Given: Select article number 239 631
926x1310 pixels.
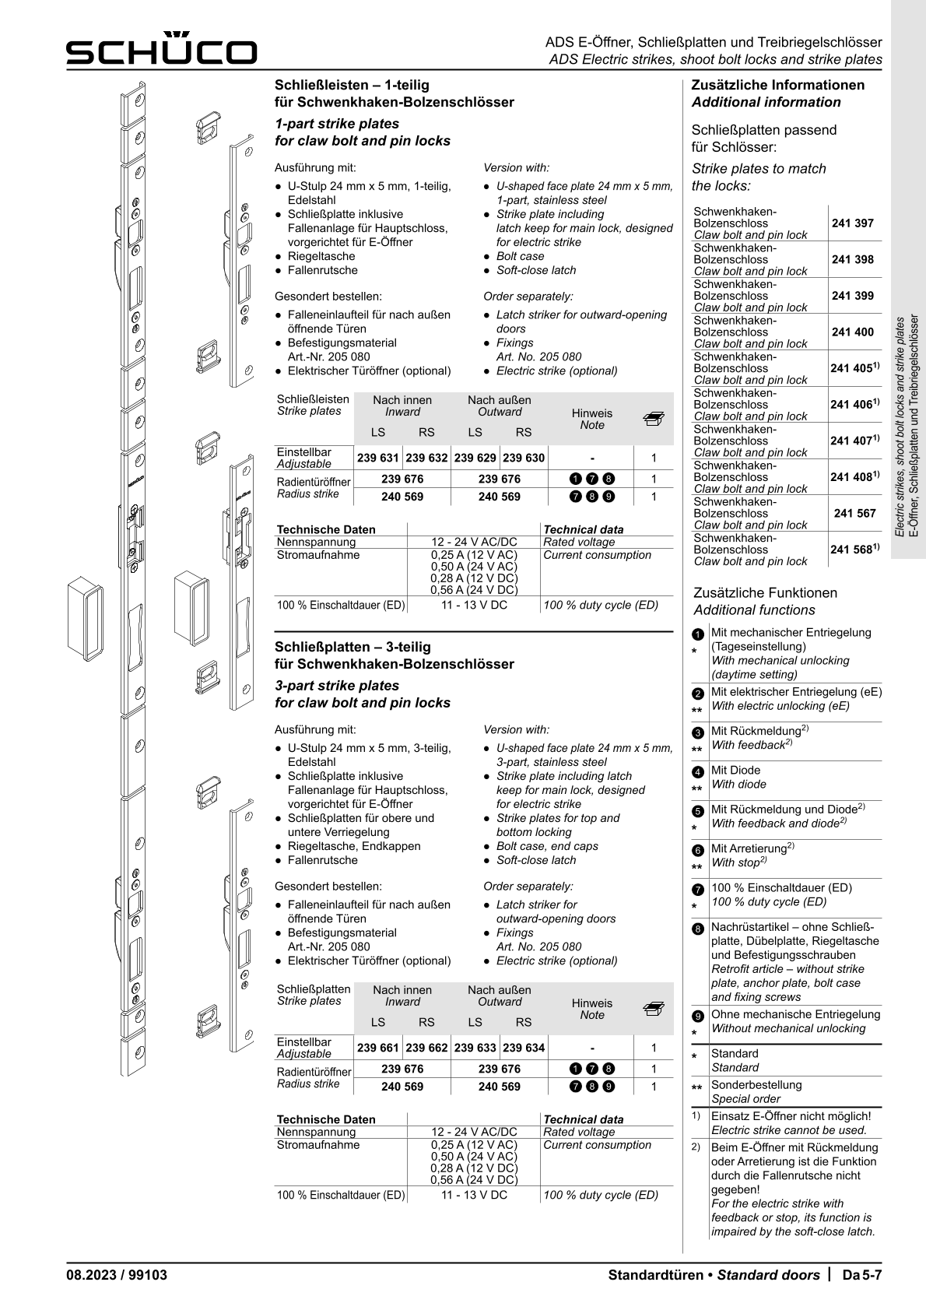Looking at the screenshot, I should tap(378, 458).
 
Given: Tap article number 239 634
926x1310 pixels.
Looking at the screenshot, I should tap(524, 1048).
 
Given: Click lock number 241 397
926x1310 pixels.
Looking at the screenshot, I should tap(852, 223).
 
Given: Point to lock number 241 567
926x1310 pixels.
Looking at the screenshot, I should tap(854, 514).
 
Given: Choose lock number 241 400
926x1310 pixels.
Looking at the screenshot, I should tap(852, 332).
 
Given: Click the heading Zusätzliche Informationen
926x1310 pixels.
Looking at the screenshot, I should tap(777, 85).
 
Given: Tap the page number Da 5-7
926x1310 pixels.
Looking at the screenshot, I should tap(862, 1275).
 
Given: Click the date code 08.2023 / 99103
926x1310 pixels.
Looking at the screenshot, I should tap(117, 1275).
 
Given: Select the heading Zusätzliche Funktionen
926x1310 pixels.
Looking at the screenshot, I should tap(765, 592).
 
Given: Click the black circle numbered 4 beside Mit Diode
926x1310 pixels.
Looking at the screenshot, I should tap(698, 771).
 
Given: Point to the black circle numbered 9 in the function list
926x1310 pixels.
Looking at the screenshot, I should tap(698, 1016).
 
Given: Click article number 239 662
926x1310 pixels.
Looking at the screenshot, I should tap(426, 1048).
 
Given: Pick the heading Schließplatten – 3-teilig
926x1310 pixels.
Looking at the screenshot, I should tap(353, 647).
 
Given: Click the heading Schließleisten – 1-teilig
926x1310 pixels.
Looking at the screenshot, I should tap(352, 85).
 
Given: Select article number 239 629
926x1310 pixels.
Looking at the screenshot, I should tap(475, 458).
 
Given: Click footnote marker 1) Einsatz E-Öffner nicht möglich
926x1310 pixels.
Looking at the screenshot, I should tap(696, 1116).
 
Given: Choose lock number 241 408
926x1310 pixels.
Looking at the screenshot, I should tap(854, 477).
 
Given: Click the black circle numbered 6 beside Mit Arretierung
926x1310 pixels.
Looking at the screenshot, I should tap(698, 849).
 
